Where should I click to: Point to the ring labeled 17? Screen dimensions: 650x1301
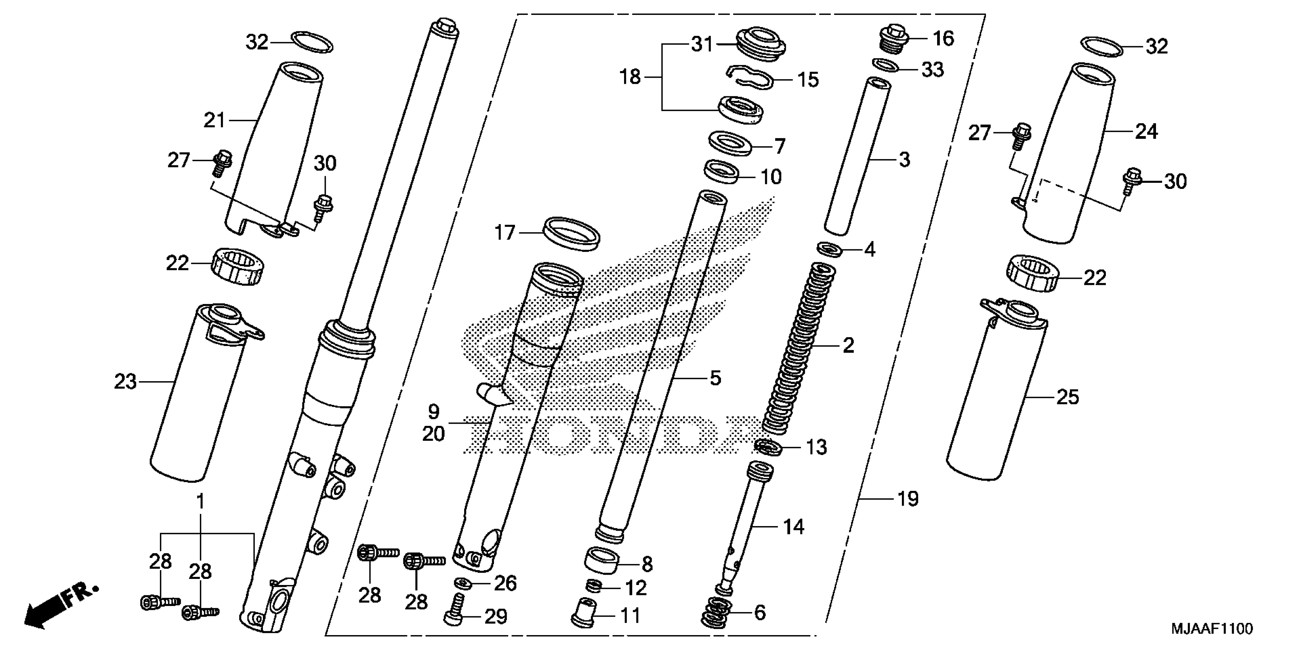[x=571, y=233]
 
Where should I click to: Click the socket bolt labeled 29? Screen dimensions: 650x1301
[x=455, y=609]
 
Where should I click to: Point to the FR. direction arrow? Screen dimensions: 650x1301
[x=60, y=606]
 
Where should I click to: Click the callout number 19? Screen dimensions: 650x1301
[x=908, y=499]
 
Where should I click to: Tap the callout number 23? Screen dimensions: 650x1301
[x=125, y=382]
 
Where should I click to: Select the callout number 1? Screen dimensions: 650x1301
[x=201, y=502]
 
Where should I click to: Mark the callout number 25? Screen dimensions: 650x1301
[x=1068, y=397]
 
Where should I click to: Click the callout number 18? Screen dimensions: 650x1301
[x=630, y=77]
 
